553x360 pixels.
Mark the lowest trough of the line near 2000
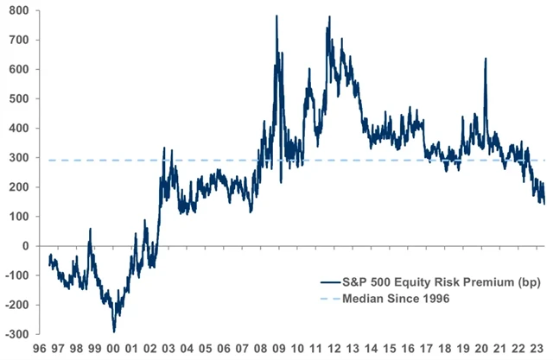pos(114,331)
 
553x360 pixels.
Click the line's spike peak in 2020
pos(485,59)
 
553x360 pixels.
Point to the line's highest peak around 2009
pos(276,16)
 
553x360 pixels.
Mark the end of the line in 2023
pos(543,203)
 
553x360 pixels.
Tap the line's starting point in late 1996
pos(49,256)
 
